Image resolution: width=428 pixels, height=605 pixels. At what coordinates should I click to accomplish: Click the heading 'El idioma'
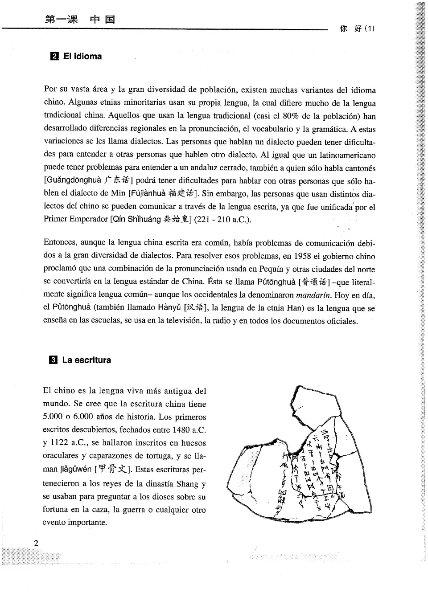82,57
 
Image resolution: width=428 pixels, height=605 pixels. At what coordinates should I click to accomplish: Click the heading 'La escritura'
86,360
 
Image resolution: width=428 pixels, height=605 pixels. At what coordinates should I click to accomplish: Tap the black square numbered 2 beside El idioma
54,57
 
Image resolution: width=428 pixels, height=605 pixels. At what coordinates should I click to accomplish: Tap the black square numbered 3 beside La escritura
53,360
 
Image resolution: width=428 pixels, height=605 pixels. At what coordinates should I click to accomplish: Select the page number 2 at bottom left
36,543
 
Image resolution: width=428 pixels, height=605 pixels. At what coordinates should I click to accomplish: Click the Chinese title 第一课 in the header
62,19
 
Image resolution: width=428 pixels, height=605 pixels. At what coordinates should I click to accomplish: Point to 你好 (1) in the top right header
357,29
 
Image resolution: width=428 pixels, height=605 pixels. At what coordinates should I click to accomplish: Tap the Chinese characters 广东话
117,180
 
